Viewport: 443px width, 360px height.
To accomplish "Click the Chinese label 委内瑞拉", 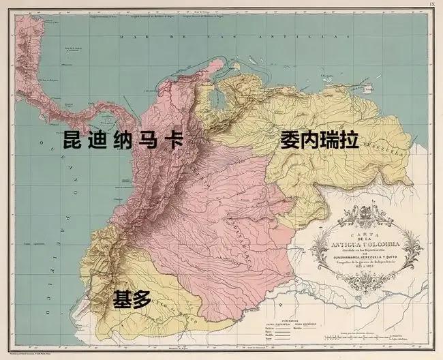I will click(x=319, y=141).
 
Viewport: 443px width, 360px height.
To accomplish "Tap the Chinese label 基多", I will click(x=131, y=298).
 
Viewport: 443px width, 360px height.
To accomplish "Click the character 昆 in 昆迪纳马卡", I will click(x=74, y=141).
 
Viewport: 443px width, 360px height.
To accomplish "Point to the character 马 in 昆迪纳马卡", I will click(x=149, y=141).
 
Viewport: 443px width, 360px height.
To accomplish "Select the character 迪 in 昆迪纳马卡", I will click(x=98, y=141).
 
